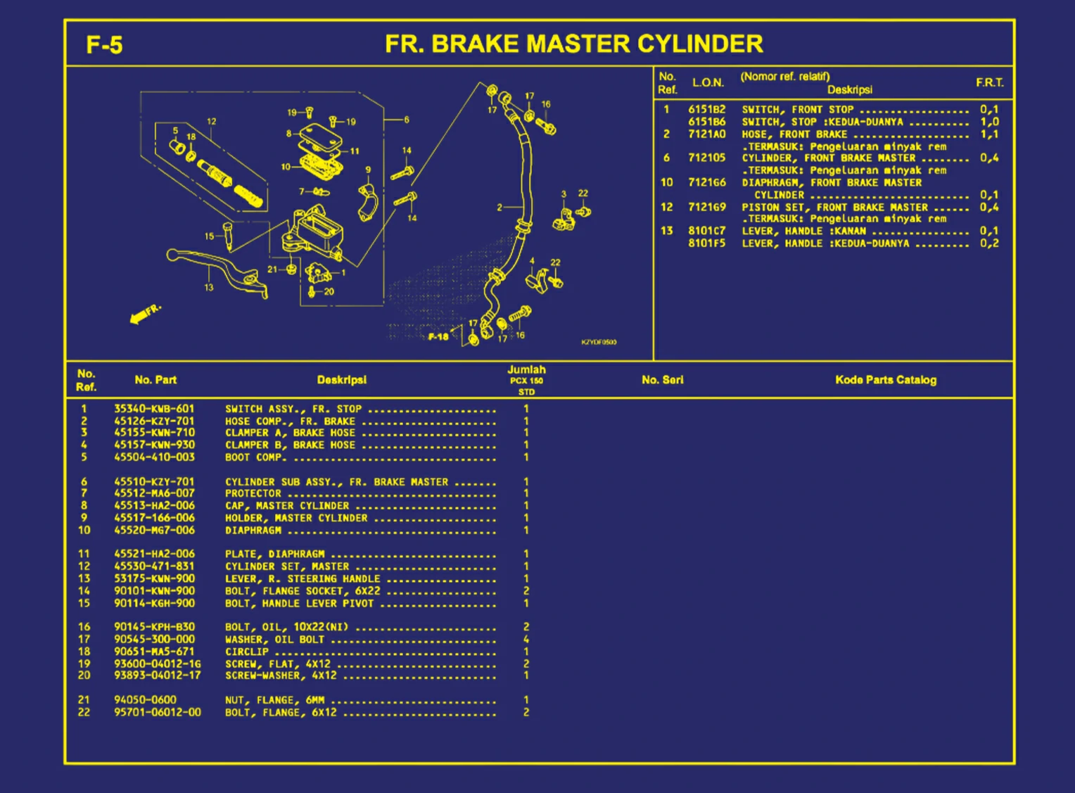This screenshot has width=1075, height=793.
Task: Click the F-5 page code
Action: pos(104,45)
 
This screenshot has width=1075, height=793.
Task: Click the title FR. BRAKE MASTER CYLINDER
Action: pos(573,44)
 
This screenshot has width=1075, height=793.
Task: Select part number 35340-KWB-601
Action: pos(154,409)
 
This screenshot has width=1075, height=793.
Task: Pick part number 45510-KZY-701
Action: pos(154,482)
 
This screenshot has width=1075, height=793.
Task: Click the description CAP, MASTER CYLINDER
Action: pos(287,506)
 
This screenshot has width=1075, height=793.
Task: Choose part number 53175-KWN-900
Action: pos(154,578)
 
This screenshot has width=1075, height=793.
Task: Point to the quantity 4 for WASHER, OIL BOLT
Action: pos(526,639)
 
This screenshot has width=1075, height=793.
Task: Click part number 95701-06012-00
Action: pos(157,712)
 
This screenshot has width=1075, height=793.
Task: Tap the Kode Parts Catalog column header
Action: pos(885,380)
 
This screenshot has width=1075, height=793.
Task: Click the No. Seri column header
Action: pos(662,380)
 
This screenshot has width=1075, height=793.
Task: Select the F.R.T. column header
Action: pos(989,83)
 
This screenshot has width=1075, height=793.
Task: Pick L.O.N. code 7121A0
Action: pos(706,134)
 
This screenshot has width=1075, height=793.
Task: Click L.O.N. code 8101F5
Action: pos(706,243)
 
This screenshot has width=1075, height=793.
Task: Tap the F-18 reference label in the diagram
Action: pos(438,337)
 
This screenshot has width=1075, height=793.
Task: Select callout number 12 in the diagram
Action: pos(212,122)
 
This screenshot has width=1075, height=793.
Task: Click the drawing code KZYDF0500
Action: pos(599,342)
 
